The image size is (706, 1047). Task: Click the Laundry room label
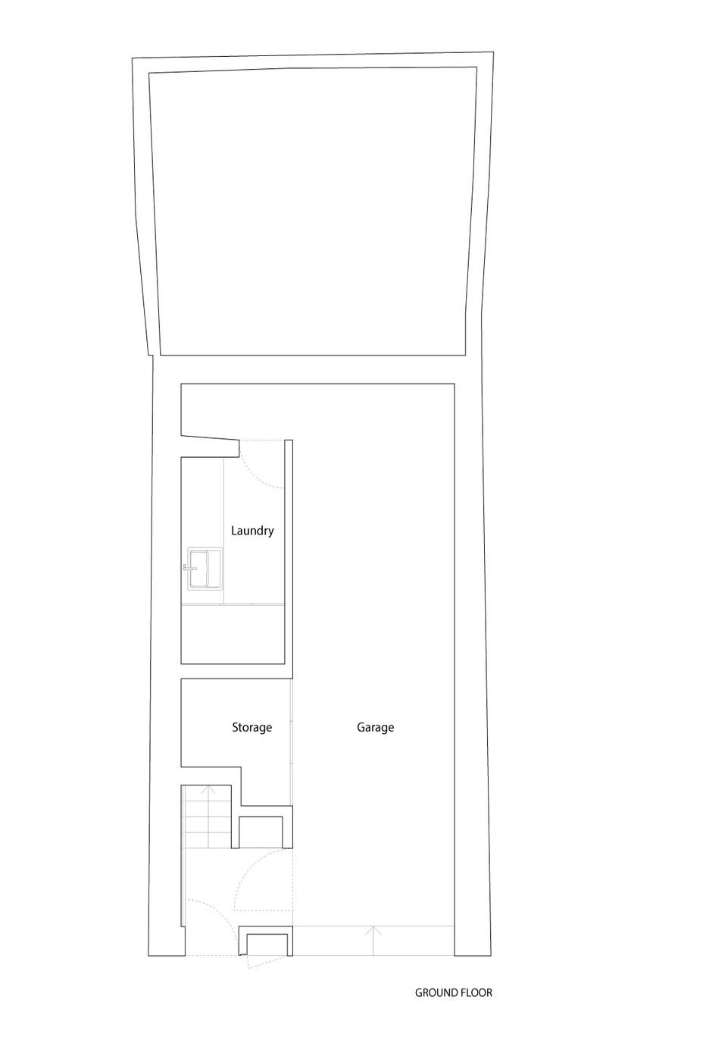click(252, 531)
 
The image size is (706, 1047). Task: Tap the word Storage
click(252, 727)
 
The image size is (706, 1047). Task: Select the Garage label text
click(376, 727)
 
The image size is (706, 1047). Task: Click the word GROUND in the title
click(435, 992)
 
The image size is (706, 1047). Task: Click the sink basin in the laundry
click(205, 569)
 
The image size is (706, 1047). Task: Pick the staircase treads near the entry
click(208, 817)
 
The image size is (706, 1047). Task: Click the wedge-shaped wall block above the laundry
click(210, 447)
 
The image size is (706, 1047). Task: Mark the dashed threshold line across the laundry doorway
click(262, 440)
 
